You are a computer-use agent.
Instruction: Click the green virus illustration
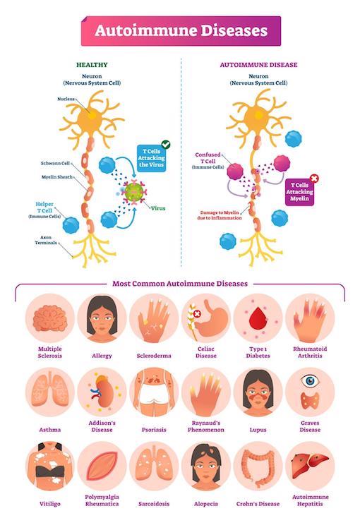click(133, 192)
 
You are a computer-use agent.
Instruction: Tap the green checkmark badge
click(166, 145)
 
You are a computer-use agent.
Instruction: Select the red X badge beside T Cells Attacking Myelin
click(315, 179)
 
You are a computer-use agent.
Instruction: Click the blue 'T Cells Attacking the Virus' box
click(151, 158)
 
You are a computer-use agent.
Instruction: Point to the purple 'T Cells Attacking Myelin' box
click(299, 192)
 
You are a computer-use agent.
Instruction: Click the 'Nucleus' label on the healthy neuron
click(66, 99)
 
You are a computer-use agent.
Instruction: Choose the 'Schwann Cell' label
click(56, 163)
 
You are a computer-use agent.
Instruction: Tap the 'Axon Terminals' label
click(46, 240)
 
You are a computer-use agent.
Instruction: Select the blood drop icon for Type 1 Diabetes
click(258, 318)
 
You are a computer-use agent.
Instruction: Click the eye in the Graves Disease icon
click(310, 381)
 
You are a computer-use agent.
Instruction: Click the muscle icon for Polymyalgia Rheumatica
click(102, 466)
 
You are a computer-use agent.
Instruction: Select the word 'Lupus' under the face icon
click(258, 430)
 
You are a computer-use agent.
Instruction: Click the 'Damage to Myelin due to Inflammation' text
click(220, 215)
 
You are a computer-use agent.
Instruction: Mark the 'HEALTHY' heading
click(92, 65)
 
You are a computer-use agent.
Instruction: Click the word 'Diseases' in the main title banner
click(234, 31)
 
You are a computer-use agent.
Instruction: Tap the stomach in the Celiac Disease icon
click(213, 318)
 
